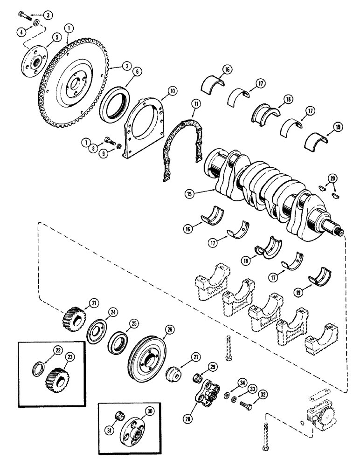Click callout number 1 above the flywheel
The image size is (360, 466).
coord(69,28)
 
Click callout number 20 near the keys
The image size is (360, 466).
coord(332,178)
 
